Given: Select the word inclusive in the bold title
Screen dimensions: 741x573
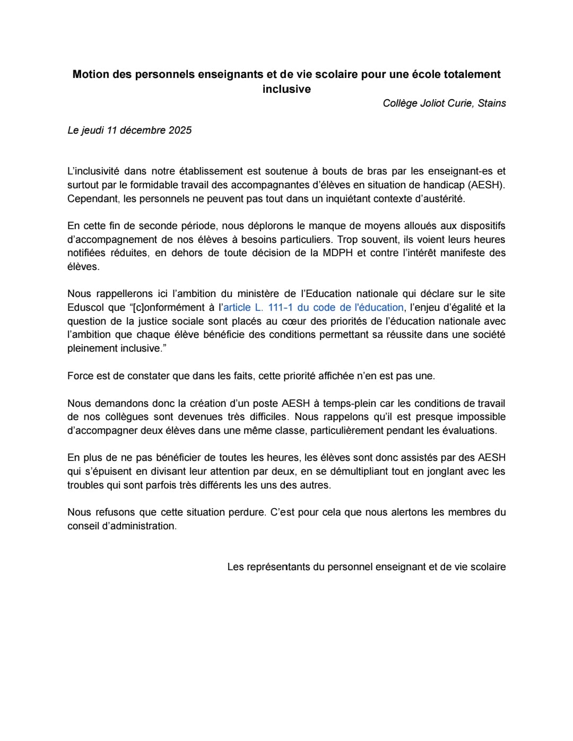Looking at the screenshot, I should click(x=286, y=89).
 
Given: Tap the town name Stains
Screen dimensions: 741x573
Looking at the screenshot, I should click(x=492, y=103).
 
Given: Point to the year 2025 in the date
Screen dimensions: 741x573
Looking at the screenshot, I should click(x=180, y=130).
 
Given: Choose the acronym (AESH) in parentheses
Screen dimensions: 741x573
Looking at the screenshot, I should click(x=487, y=185).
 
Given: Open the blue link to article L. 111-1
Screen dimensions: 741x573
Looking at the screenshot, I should click(x=314, y=307).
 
